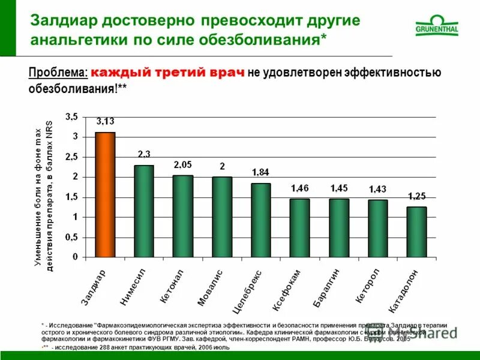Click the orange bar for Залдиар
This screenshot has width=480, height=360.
[105, 194]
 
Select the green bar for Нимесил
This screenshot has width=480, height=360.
[144, 211]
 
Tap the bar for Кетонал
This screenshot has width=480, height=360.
[183, 216]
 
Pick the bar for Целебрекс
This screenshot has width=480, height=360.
[260, 220]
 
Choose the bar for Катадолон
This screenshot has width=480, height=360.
[416, 232]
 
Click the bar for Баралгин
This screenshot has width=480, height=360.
[338, 227]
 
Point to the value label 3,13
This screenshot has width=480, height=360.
[106, 122]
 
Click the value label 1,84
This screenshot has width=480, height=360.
[260, 173]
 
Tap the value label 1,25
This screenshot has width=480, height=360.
[417, 196]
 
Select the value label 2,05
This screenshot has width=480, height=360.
[183, 164]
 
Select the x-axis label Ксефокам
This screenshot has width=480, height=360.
[287, 289]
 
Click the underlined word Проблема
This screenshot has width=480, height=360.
[58, 73]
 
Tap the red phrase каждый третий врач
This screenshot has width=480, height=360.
[168, 73]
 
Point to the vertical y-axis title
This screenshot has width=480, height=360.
[43, 195]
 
